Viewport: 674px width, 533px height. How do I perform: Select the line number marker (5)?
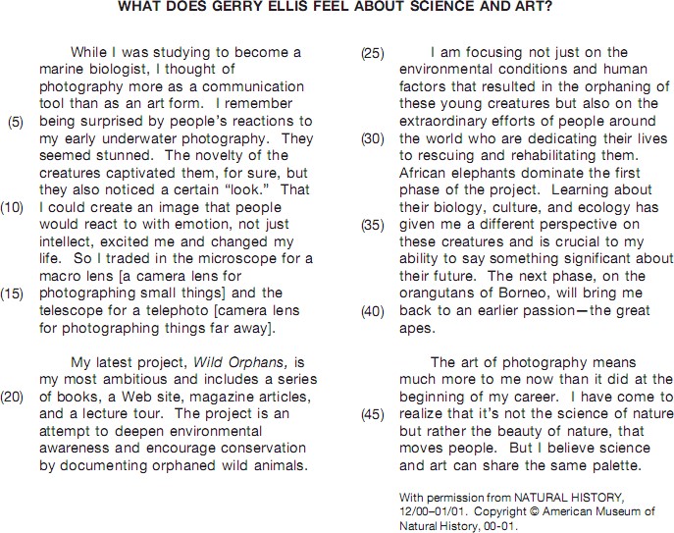(17, 121)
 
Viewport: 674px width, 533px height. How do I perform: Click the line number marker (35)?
(374, 225)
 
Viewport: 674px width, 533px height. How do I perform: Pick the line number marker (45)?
(374, 414)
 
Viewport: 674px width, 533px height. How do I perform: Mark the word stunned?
(119, 155)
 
